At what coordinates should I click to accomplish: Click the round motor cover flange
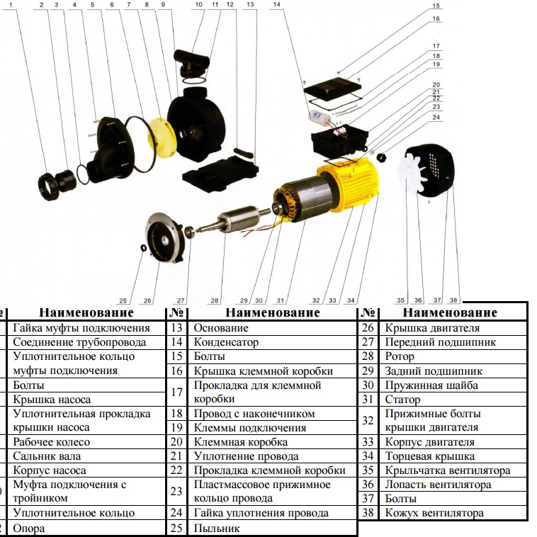pyautogui.click(x=164, y=240)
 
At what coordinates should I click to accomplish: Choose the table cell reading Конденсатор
pyautogui.click(x=227, y=342)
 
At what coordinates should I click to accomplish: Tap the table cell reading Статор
pyautogui.click(x=402, y=400)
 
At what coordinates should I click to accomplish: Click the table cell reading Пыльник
pyautogui.click(x=217, y=528)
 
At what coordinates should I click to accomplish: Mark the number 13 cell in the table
pyautogui.click(x=176, y=328)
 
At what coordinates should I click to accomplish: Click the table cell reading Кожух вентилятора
pyautogui.click(x=434, y=513)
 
